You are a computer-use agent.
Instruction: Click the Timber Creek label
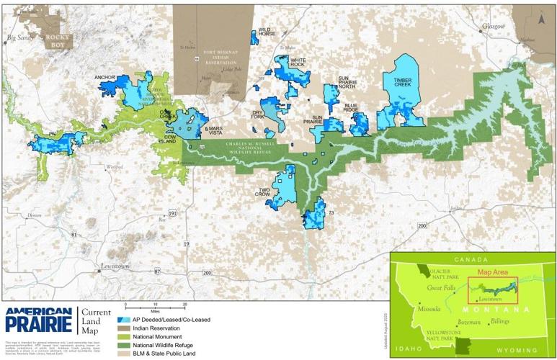(402, 82)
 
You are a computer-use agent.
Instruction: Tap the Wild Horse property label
(267, 32)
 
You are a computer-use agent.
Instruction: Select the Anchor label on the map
(105, 77)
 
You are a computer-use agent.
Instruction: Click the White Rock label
(298, 63)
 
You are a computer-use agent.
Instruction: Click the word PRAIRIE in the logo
(37, 323)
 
